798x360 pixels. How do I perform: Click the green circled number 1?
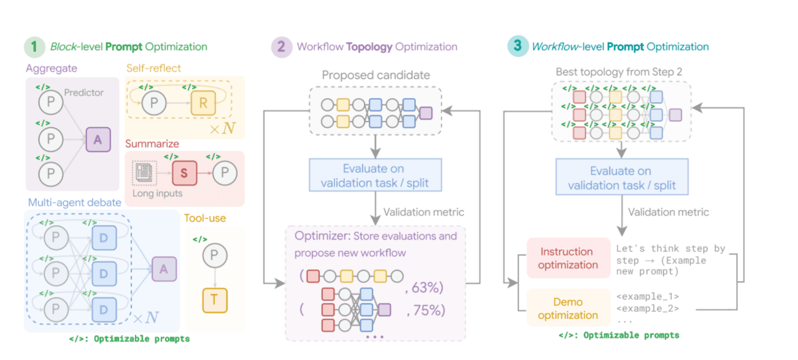point(34,47)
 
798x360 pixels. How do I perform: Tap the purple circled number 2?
point(281,47)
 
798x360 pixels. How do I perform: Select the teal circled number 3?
point(517,46)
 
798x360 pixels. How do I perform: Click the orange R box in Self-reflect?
point(203,103)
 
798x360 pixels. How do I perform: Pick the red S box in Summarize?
point(184,173)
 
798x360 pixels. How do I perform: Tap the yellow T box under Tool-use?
point(214,300)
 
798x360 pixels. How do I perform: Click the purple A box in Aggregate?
point(98,139)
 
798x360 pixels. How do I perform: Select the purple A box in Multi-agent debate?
point(164,269)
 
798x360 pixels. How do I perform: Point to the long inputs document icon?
point(144,173)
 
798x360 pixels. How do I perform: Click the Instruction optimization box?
point(568,258)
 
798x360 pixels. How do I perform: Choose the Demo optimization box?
point(568,308)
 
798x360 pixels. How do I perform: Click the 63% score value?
point(427,287)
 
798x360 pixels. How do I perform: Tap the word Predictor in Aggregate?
point(84,93)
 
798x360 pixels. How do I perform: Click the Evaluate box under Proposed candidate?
point(375,175)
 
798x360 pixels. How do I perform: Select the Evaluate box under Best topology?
point(621,178)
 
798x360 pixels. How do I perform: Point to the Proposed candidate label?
point(376,75)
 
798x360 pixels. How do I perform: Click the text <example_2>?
point(647,309)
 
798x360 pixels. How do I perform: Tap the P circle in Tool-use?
point(214,256)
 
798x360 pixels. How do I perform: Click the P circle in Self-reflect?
point(154,103)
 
